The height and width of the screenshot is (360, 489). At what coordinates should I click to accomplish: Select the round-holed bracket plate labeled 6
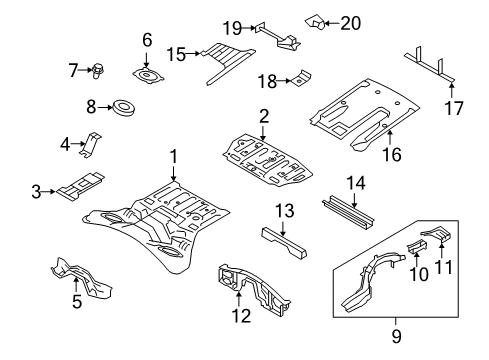coord(147,74)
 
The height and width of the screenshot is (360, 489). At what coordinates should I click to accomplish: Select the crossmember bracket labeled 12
coord(244,280)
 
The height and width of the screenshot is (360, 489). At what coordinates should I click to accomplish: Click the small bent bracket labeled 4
coord(91,143)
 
